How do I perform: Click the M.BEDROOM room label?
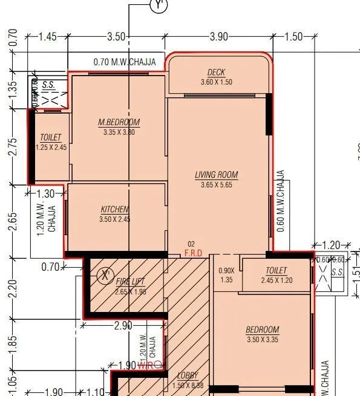[x=119, y=123]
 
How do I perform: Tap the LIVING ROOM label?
[x=216, y=175]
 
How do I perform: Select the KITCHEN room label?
[x=115, y=210]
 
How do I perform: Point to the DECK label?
[x=216, y=73]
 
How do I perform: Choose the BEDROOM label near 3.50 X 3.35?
[x=262, y=329]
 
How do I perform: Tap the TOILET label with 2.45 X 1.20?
[x=276, y=271]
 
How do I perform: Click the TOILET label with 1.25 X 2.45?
[x=50, y=138]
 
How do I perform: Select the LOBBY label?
[x=188, y=375]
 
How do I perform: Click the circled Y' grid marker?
[x=159, y=5]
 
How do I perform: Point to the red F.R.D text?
[x=193, y=252]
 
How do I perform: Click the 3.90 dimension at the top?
[x=218, y=37]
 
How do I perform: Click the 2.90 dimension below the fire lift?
[x=123, y=325]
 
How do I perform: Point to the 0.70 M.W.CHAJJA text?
[x=125, y=62]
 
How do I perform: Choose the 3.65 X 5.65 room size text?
[x=216, y=185]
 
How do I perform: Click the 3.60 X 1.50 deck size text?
[x=216, y=82]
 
